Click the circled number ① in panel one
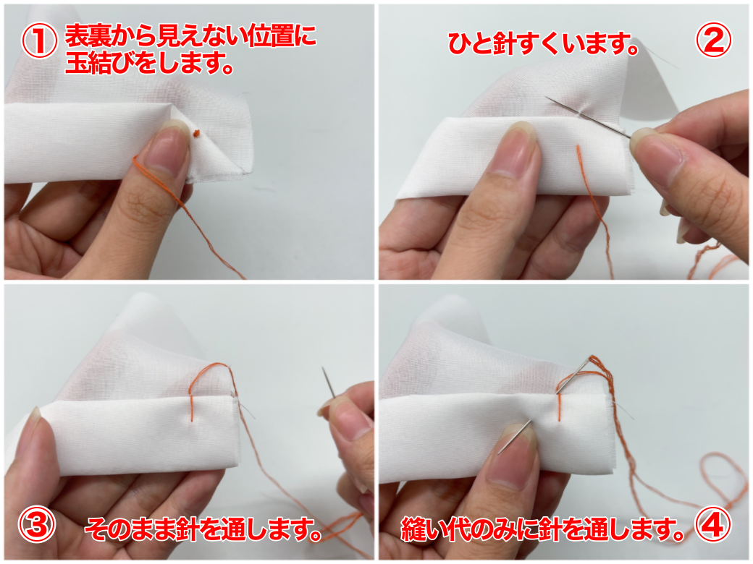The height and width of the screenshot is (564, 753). pos(39,41)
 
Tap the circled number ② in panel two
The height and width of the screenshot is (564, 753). pos(714,40)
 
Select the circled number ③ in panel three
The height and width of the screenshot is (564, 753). pos(36,524)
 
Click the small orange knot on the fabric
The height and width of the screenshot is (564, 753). pos(195,133)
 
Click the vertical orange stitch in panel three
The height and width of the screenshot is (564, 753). pos(192,408)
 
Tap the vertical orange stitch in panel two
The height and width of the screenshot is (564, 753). pos(580,159)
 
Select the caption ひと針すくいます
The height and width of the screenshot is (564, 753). pos(542,44)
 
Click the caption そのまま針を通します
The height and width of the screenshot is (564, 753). pos(203,530)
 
